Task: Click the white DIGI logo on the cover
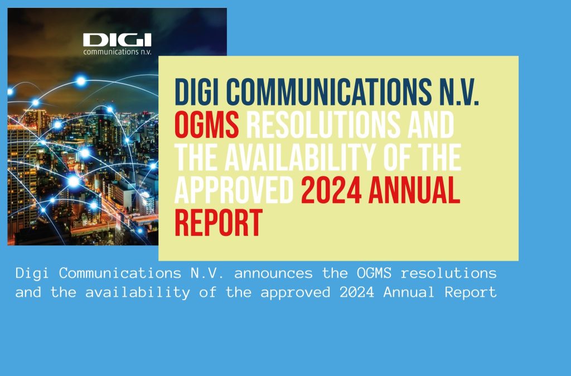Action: coord(117,40)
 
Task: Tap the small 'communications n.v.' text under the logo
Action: coord(117,52)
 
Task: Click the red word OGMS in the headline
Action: coord(206,124)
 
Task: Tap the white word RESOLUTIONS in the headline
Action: coord(323,124)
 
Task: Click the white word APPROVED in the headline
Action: coord(234,190)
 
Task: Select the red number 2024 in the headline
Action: coord(331,190)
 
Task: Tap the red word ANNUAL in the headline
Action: coord(414,190)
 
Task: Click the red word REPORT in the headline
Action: coord(219,223)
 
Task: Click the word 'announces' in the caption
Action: coord(273,273)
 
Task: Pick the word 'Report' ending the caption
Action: coord(471,293)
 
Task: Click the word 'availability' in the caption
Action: coord(138,293)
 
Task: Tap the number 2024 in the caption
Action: coord(357,292)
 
